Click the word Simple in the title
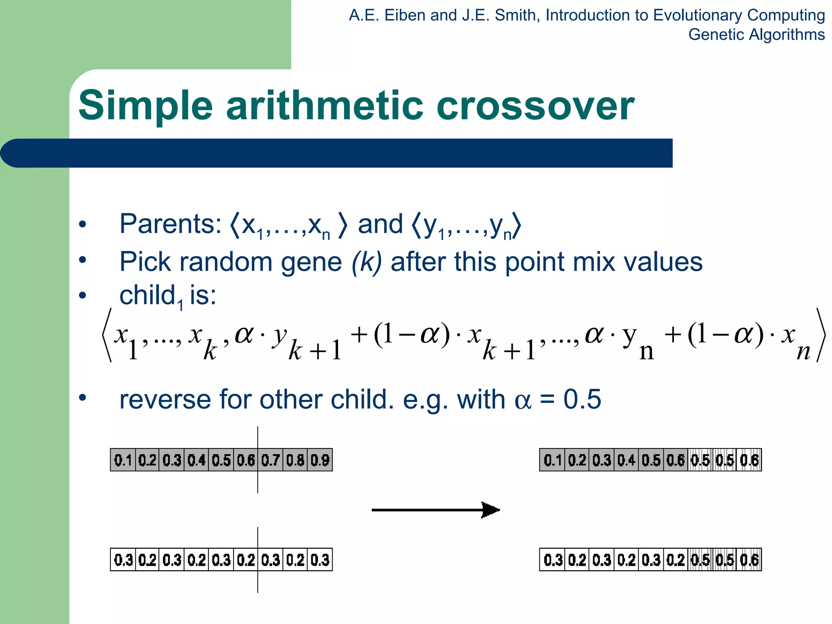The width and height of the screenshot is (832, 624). (145, 106)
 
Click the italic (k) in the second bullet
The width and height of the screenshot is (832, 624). (366, 262)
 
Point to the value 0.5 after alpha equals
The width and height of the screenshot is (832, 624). (582, 399)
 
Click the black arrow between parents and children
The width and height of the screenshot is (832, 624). (435, 510)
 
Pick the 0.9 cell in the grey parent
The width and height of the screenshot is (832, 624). (320, 460)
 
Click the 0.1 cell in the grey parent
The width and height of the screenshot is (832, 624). (123, 460)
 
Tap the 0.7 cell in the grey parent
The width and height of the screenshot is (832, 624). (271, 460)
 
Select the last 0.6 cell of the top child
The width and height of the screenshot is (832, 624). (749, 460)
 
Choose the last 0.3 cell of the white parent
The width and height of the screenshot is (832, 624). (320, 560)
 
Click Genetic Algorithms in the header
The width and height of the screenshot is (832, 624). (756, 35)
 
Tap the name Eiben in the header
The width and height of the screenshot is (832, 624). (405, 15)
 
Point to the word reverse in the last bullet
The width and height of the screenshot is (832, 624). (165, 399)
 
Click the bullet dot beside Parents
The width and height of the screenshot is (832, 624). (83, 224)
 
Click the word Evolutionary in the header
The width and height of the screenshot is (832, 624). (696, 15)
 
